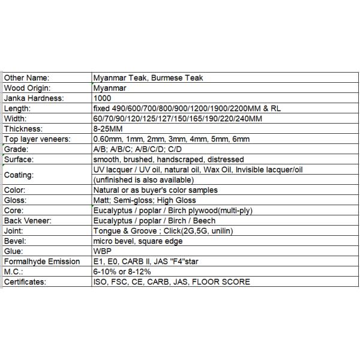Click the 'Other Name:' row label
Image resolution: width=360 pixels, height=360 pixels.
click(26, 77)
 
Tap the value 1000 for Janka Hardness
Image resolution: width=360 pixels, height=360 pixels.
click(103, 98)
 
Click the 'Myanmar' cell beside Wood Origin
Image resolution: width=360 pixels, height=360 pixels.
click(109, 88)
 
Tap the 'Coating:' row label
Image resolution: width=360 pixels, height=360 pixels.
click(19, 175)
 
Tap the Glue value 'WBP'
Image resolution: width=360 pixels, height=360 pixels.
click(103, 251)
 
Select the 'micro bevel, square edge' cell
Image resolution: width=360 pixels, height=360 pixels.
click(139, 241)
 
